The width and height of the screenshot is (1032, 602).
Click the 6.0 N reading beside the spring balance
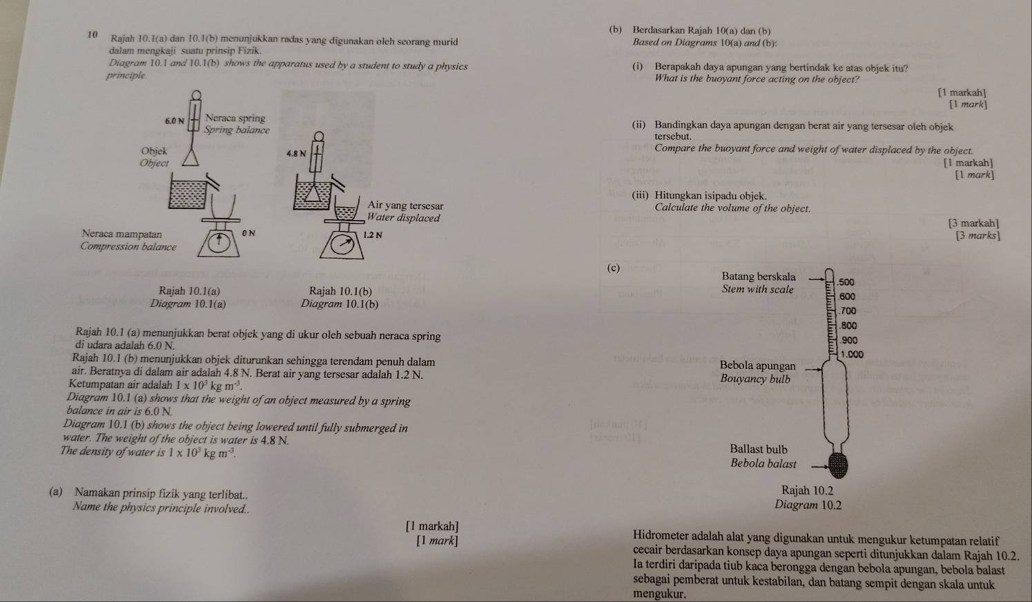click(174, 121)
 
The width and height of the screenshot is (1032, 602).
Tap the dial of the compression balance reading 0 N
click(219, 243)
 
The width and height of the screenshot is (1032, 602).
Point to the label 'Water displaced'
click(404, 218)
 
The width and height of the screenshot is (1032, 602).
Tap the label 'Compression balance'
click(128, 246)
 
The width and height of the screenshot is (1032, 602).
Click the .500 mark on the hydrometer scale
click(845, 282)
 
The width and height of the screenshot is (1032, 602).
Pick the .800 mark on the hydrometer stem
click(848, 325)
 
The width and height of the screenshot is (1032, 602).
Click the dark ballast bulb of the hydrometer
click(837, 464)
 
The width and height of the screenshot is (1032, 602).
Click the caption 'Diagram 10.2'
click(808, 505)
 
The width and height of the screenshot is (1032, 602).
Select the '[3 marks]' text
click(977, 236)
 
